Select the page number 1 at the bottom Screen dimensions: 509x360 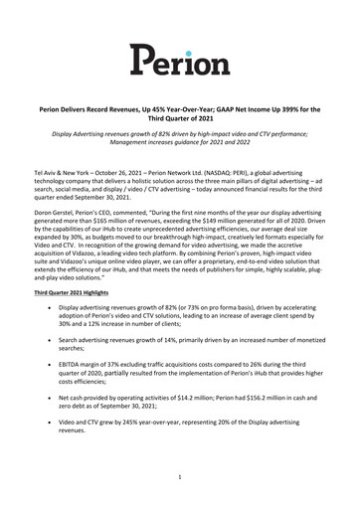180,477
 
